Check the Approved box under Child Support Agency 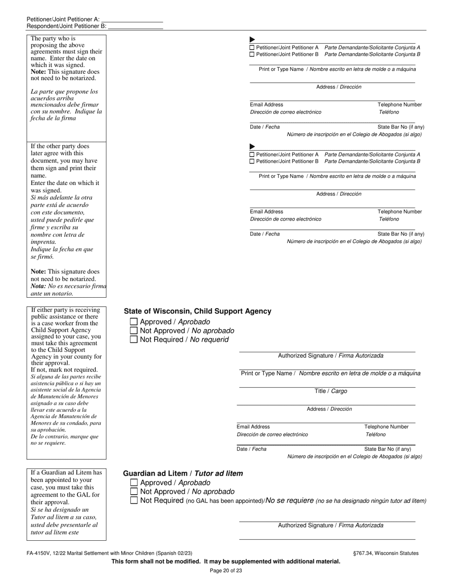tap(134, 322)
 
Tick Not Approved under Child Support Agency tap(134, 331)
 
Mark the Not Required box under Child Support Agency tap(134, 340)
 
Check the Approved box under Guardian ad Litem tap(134, 483)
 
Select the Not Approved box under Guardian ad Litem tap(134, 491)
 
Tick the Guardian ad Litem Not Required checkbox tap(134, 500)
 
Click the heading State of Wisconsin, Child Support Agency tap(197, 312)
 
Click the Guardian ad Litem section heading tap(183, 474)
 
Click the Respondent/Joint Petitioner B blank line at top tap(136, 27)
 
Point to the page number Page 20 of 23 tap(226, 571)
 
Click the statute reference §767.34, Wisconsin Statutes tap(386, 553)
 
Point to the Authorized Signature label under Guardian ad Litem tap(331, 526)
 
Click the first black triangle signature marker tap(252, 39)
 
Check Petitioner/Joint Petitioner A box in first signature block tap(252, 48)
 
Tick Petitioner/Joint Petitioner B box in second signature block tap(252, 162)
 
